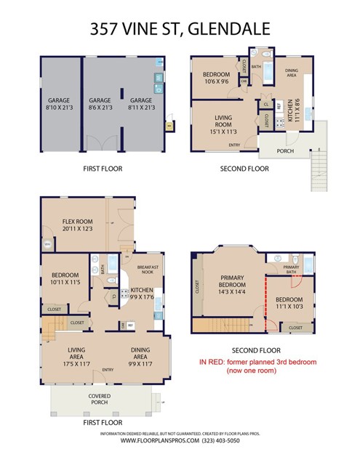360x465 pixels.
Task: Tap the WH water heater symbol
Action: click(x=47, y=243)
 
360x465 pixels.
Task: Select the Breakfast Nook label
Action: click(x=148, y=268)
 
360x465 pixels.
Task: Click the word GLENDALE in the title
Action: click(x=229, y=29)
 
